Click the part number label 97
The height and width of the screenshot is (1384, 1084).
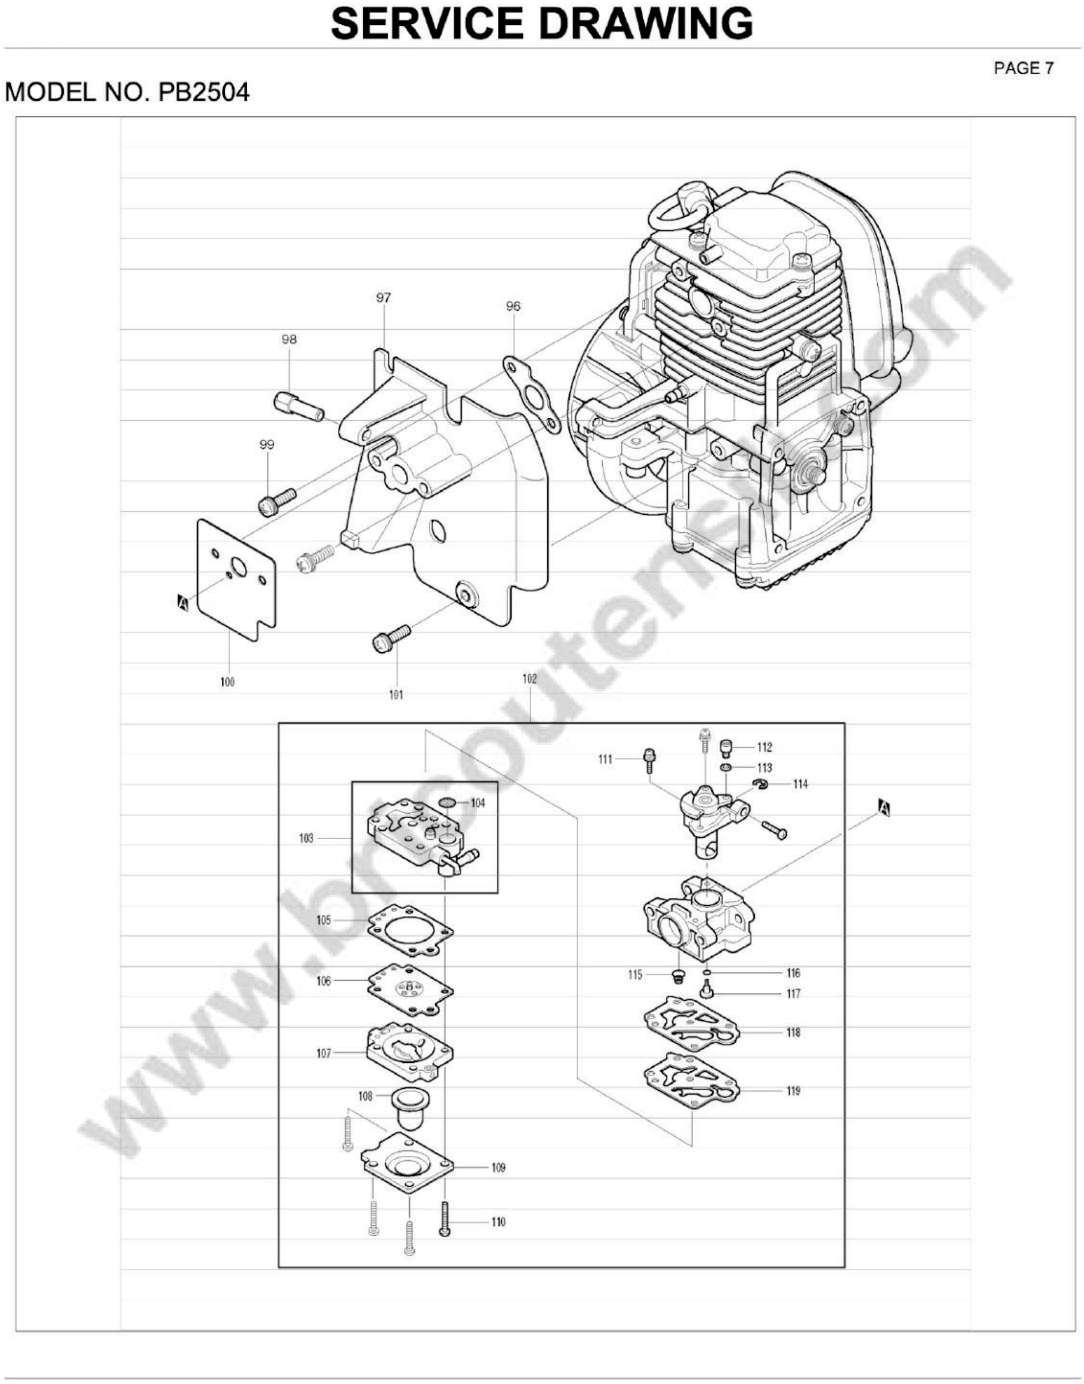[383, 298]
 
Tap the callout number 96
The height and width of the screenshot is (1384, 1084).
[513, 307]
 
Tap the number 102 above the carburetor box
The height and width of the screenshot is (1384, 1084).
[529, 679]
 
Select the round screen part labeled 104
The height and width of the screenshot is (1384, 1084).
[449, 803]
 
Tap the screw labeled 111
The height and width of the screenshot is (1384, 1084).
[649, 760]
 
